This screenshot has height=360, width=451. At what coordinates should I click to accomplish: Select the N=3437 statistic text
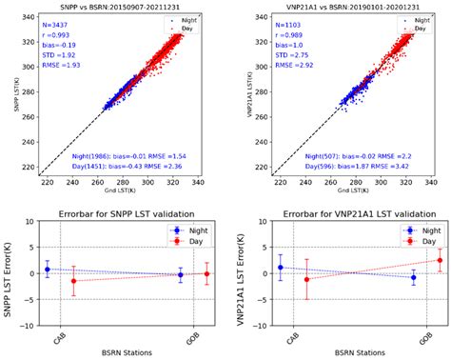click(60, 20)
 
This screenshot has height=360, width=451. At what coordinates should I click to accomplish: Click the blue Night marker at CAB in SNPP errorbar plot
click(48, 270)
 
